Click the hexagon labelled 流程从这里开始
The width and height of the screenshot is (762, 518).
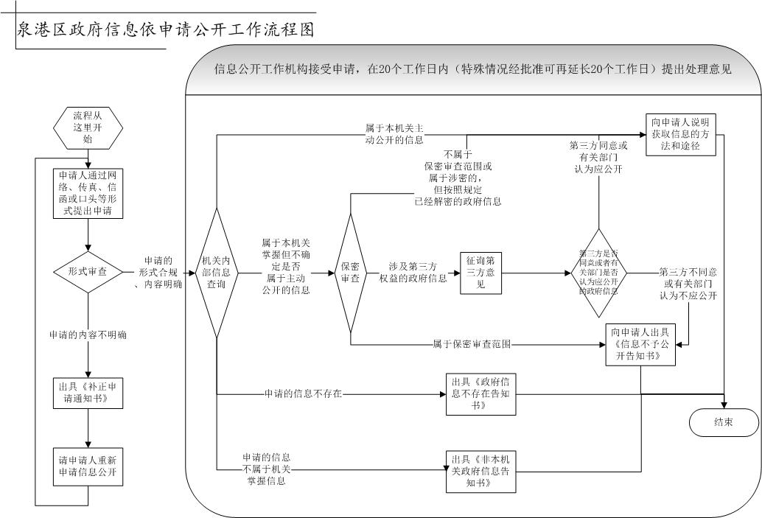(88, 127)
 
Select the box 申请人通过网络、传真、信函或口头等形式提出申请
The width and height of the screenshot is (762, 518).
(88, 193)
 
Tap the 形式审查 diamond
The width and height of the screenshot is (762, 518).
(88, 271)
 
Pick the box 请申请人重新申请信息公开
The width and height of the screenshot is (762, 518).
(88, 466)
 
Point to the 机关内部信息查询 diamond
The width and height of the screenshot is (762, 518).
(216, 273)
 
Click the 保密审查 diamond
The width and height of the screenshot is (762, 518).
(350, 273)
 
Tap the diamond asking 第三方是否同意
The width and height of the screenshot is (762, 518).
(598, 273)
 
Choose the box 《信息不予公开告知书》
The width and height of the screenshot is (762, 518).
(640, 344)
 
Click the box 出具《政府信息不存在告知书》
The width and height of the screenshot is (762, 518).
(480, 394)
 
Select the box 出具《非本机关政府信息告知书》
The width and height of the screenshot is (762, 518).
(480, 472)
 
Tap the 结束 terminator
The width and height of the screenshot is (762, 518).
(723, 422)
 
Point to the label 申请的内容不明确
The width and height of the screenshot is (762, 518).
(88, 335)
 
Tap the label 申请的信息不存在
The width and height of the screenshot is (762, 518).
(303, 394)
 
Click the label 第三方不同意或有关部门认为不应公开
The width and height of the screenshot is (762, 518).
(688, 284)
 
